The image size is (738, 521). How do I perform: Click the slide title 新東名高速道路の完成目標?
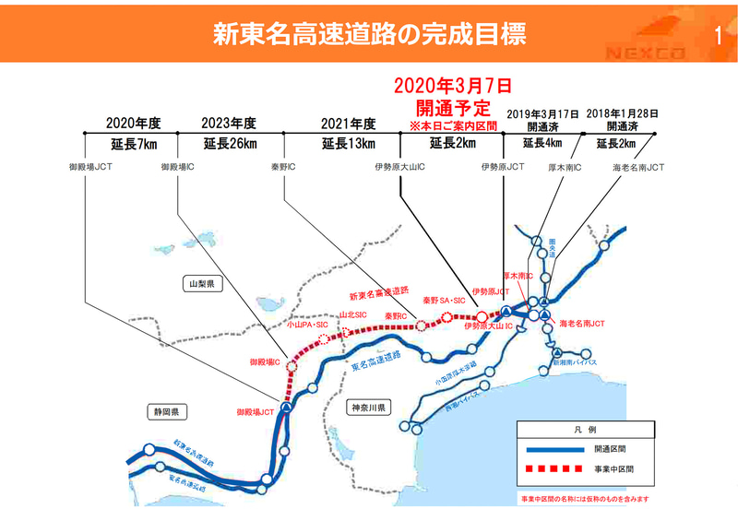tap(369, 35)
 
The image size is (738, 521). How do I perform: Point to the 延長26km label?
tap(230, 143)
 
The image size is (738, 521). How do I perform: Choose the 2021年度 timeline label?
tap(348, 124)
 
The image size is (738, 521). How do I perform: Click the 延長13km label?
tap(348, 143)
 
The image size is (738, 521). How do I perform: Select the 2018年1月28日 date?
tap(622, 112)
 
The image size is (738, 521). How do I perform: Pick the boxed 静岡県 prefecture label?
tap(167, 410)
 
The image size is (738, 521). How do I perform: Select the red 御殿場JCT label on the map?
tap(255, 411)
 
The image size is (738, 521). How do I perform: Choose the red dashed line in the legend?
tap(553, 468)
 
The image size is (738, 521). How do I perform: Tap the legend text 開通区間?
tap(613, 449)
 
